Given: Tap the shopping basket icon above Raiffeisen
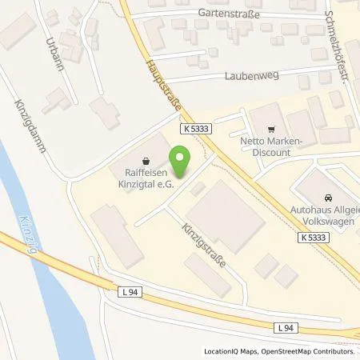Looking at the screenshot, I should point(145,158).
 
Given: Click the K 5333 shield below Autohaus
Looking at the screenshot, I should point(315,237).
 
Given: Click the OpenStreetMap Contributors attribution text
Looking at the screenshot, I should point(310,352).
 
